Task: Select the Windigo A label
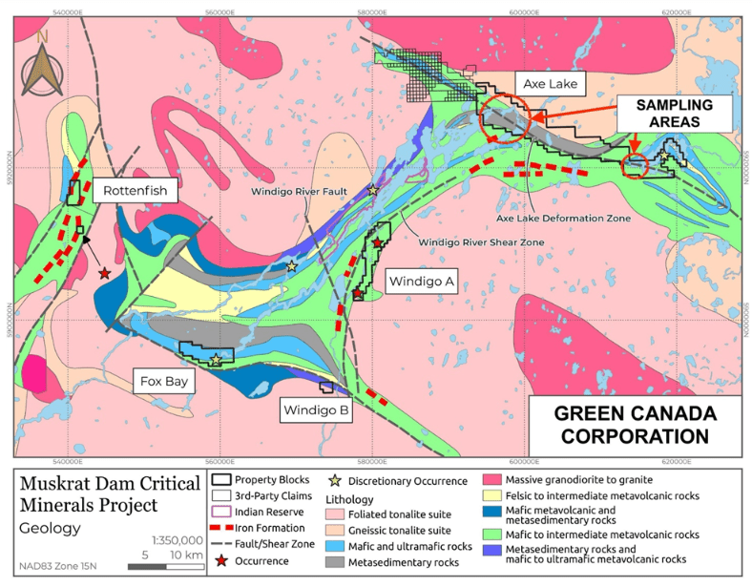[x=420, y=281]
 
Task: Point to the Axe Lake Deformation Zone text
[x=563, y=219]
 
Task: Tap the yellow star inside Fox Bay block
[x=217, y=360]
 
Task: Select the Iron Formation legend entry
[x=249, y=528]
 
